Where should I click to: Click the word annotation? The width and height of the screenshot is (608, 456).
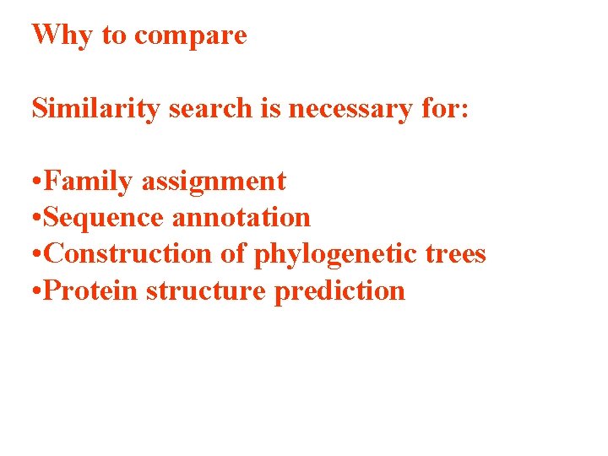pyautogui.click(x=242, y=218)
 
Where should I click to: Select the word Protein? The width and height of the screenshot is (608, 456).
pyautogui.click(x=91, y=290)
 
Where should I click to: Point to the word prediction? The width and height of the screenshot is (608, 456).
pyautogui.click(x=339, y=291)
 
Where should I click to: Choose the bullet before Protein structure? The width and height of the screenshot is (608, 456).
pyautogui.click(x=36, y=292)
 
